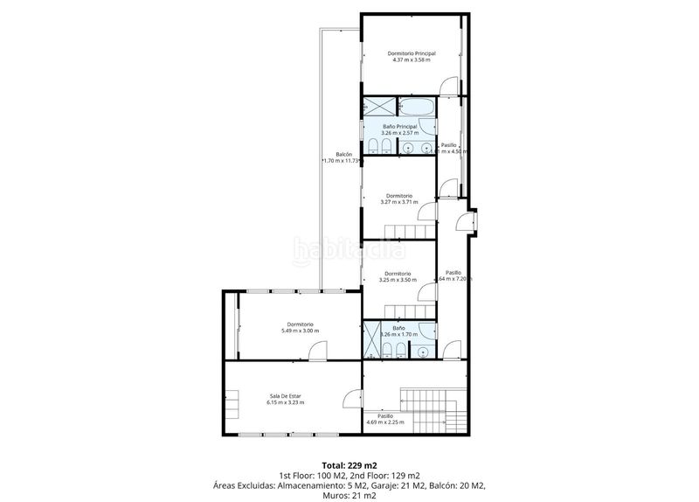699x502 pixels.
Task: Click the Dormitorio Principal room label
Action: tap(412, 53)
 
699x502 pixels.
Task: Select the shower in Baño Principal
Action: tap(378, 108)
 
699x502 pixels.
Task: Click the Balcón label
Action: tap(329, 155)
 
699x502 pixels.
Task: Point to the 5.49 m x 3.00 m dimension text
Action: tap(300, 331)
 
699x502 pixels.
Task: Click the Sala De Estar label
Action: tap(286, 396)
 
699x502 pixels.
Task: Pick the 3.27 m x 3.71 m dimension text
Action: tap(398, 202)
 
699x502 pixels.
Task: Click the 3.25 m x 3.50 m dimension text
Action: tap(398, 280)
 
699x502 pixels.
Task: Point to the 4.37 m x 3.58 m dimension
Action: tap(412, 60)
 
